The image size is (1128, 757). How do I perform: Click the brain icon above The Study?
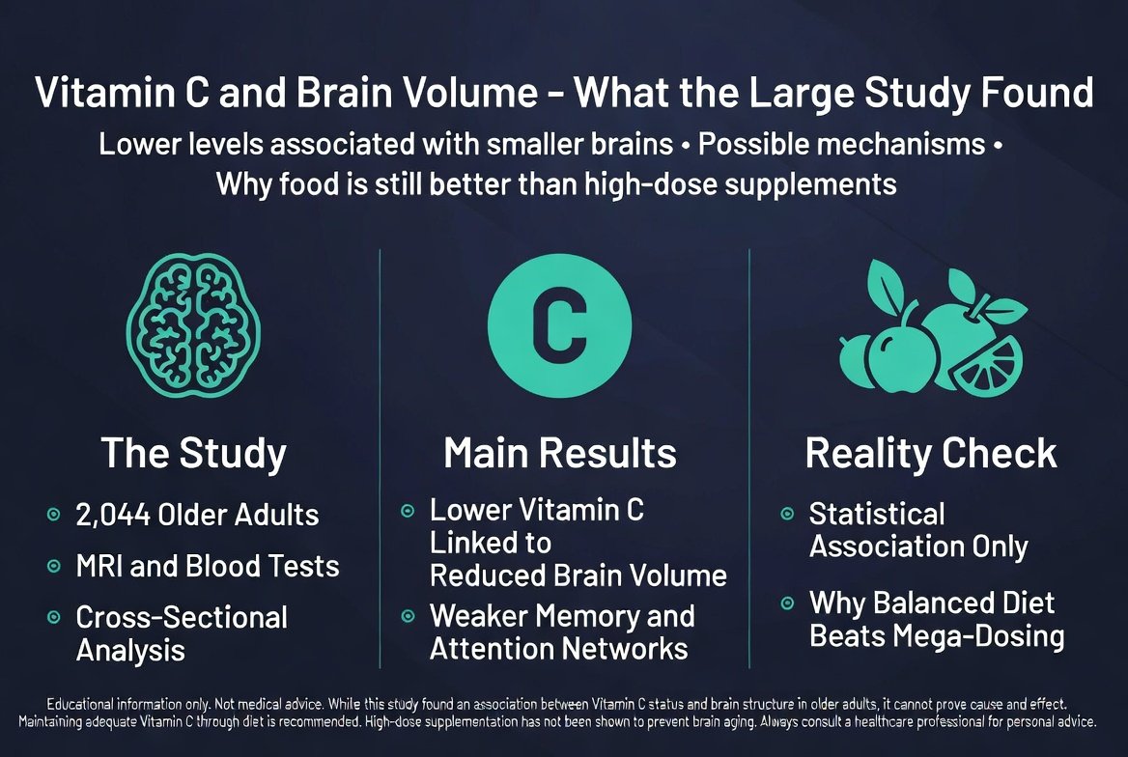tap(193, 324)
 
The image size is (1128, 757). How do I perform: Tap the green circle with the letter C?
tap(560, 326)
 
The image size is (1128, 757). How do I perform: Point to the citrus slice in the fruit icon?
tap(986, 366)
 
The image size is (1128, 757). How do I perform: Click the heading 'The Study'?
tap(193, 454)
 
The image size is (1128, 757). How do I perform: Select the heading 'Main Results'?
tap(560, 454)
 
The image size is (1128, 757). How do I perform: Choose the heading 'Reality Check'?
tap(931, 454)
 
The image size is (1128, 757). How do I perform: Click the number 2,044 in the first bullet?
tap(113, 516)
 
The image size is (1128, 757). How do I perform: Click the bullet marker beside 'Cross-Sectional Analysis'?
tap(54, 617)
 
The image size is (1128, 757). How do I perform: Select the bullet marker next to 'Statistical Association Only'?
tap(788, 514)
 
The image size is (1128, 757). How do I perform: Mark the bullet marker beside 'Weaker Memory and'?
tap(408, 616)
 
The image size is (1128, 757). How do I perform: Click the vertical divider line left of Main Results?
tap(380, 459)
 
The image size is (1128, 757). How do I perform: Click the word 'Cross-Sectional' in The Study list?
tap(182, 617)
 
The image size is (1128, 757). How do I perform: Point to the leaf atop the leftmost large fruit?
tap(886, 288)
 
